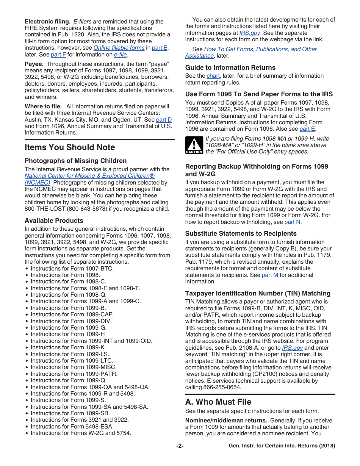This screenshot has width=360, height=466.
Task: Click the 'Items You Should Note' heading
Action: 70,147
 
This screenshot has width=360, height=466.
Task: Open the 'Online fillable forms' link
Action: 119,48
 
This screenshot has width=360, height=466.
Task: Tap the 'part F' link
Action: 58,55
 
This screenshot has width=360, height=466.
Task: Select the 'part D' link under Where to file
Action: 164,120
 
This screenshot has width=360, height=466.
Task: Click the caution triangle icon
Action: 194,145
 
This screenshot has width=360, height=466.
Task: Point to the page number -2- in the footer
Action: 180,446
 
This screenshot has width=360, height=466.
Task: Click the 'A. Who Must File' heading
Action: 218,402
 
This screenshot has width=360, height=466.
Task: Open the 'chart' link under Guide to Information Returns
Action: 213,76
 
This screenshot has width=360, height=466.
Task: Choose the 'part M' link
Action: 270,275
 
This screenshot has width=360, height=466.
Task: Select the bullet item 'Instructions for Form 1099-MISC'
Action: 74,367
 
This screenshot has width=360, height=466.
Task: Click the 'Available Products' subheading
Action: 54,221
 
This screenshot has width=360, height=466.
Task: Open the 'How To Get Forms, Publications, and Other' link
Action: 260,49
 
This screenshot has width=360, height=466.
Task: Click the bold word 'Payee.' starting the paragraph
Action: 34,64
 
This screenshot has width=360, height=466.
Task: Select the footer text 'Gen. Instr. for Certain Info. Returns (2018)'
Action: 282,446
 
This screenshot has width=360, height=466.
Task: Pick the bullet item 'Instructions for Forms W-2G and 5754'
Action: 81,433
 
